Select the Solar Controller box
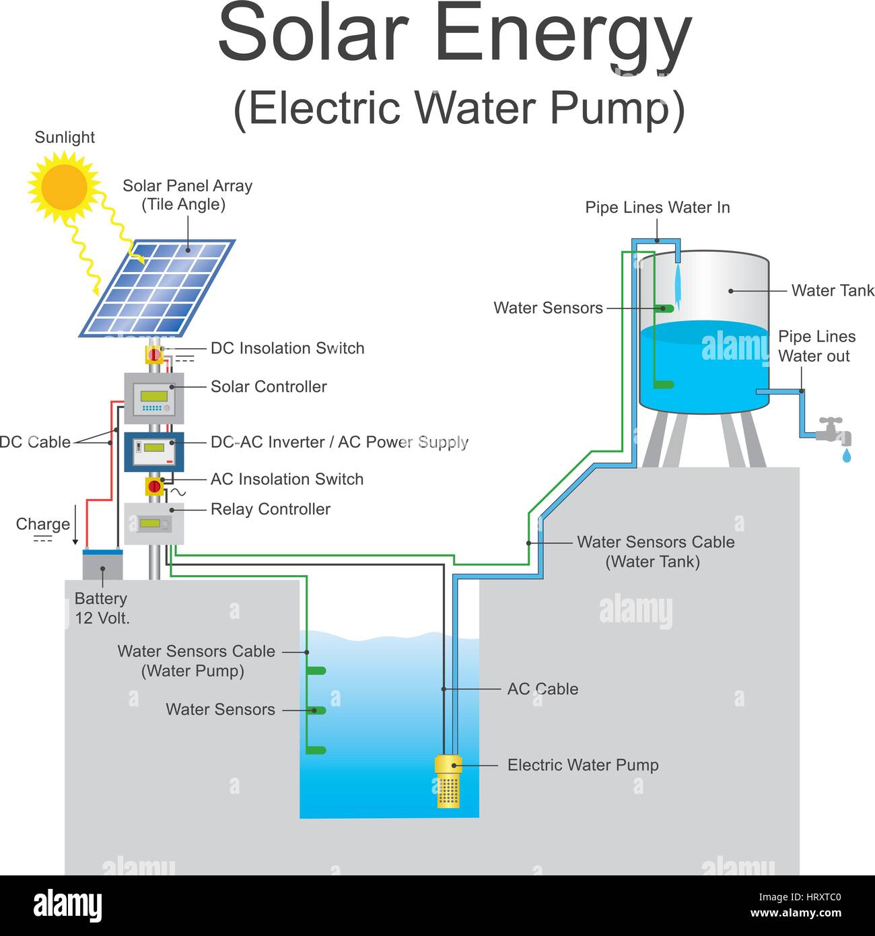coord(153,398)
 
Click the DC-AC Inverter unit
coord(153,451)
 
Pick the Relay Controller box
coord(153,524)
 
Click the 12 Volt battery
coord(102,564)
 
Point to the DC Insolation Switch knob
coord(154,354)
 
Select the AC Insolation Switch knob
coord(154,486)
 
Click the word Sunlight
coord(65,137)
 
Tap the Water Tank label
coord(833,290)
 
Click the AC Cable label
coord(542,689)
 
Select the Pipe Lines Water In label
coord(657,207)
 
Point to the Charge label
coord(43,524)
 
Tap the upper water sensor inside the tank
coord(665,308)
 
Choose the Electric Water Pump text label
coord(583,765)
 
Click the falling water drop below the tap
coord(846,456)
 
